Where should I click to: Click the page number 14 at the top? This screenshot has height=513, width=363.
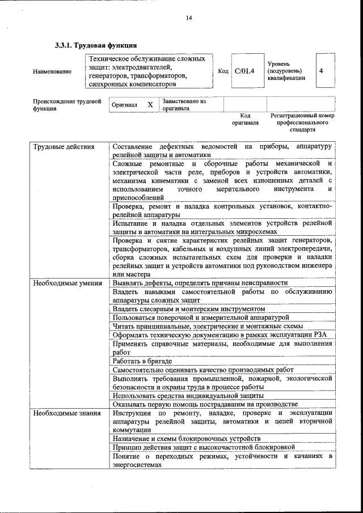tap(189, 18)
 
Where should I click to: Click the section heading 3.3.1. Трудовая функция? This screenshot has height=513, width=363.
tap(95, 45)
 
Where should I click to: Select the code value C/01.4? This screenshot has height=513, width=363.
tap(245, 71)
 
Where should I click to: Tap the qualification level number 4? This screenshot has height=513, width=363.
tap(322, 71)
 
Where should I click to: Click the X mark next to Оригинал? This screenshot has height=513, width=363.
tap(150, 105)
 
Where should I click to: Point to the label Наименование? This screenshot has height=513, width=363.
tap(52, 71)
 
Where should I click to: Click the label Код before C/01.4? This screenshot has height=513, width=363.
tap(223, 71)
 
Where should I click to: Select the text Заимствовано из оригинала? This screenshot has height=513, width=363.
tap(184, 104)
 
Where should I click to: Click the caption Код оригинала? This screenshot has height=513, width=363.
tap(245, 119)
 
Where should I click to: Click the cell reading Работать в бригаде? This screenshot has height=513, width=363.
tap(142, 361)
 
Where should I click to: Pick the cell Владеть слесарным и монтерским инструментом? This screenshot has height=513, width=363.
tap(188, 308)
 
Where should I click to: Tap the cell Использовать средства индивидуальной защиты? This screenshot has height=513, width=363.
tap(188, 395)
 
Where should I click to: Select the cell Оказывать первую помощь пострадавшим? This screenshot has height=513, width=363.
tap(205, 404)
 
